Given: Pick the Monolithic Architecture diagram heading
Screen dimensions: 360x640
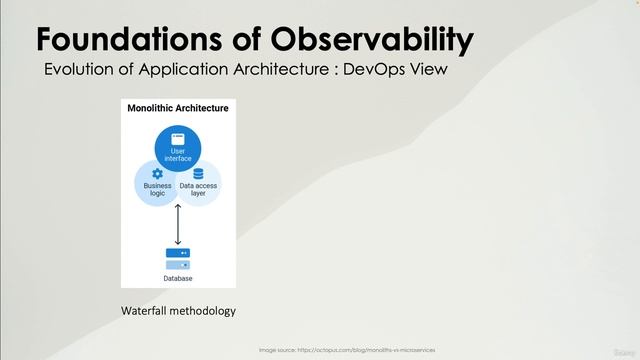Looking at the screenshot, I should pos(178,108).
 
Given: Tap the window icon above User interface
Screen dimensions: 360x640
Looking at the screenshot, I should pos(178,137).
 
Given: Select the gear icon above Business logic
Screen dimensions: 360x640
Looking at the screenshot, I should pos(157,173).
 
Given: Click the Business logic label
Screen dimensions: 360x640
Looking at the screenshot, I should pos(157,189).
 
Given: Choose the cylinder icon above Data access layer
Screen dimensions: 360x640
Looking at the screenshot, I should pos(198,173).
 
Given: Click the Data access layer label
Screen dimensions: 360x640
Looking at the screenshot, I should pos(198,189).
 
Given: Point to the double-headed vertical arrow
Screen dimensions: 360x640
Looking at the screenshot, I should pos(178,224).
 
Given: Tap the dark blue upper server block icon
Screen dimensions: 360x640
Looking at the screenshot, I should pos(178,253).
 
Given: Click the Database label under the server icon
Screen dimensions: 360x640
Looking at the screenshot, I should pos(178,278).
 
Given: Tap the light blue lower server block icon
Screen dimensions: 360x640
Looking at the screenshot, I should pos(178,265).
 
